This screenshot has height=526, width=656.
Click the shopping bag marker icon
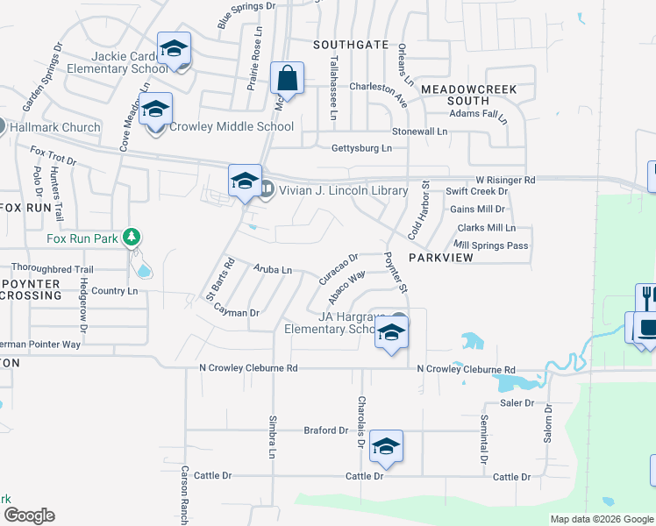coord(287,78)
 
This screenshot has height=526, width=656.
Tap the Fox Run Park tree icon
coord(132,237)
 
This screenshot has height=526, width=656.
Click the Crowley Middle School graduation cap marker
coord(156,110)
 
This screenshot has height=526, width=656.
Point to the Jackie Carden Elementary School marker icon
coord(174,49)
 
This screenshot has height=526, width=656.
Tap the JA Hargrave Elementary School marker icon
coord(391,333)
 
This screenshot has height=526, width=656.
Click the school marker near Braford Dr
coord(386,447)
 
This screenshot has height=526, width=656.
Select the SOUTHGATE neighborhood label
coord(351,44)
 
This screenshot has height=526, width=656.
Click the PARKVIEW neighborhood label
coord(441,259)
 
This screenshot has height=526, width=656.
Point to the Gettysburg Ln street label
coord(361,148)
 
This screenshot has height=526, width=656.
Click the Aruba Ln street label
coord(273,269)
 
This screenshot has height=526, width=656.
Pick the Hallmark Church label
coord(54,127)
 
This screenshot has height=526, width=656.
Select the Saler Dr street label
coord(517,402)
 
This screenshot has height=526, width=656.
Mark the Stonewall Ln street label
coord(419,131)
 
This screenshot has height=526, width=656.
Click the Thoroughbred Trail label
coord(52,269)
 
